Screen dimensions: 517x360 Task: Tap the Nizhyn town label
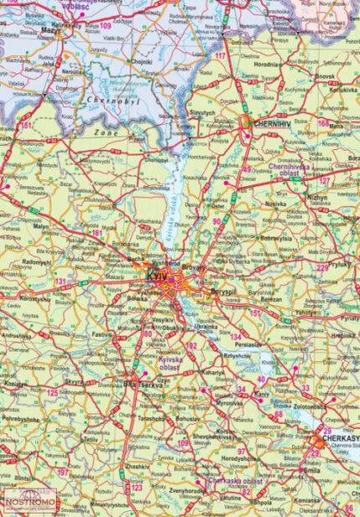click(x=318, y=199)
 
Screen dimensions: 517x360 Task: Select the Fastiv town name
click(x=101, y=333)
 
